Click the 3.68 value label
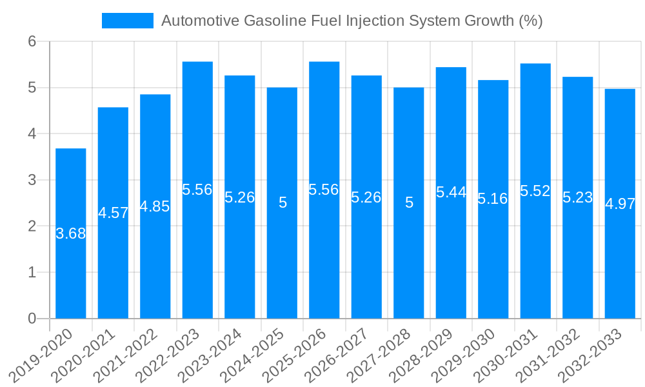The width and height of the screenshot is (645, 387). point(71,233)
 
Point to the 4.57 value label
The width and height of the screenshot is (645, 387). point(114,213)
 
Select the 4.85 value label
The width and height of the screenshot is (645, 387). point(155,206)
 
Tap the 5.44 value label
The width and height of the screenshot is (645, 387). point(451,192)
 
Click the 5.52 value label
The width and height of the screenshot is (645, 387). point(535,190)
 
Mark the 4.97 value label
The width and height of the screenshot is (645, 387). point(620,204)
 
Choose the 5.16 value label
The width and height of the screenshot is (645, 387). point(493,199)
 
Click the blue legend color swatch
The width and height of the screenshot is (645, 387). point(128,21)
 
